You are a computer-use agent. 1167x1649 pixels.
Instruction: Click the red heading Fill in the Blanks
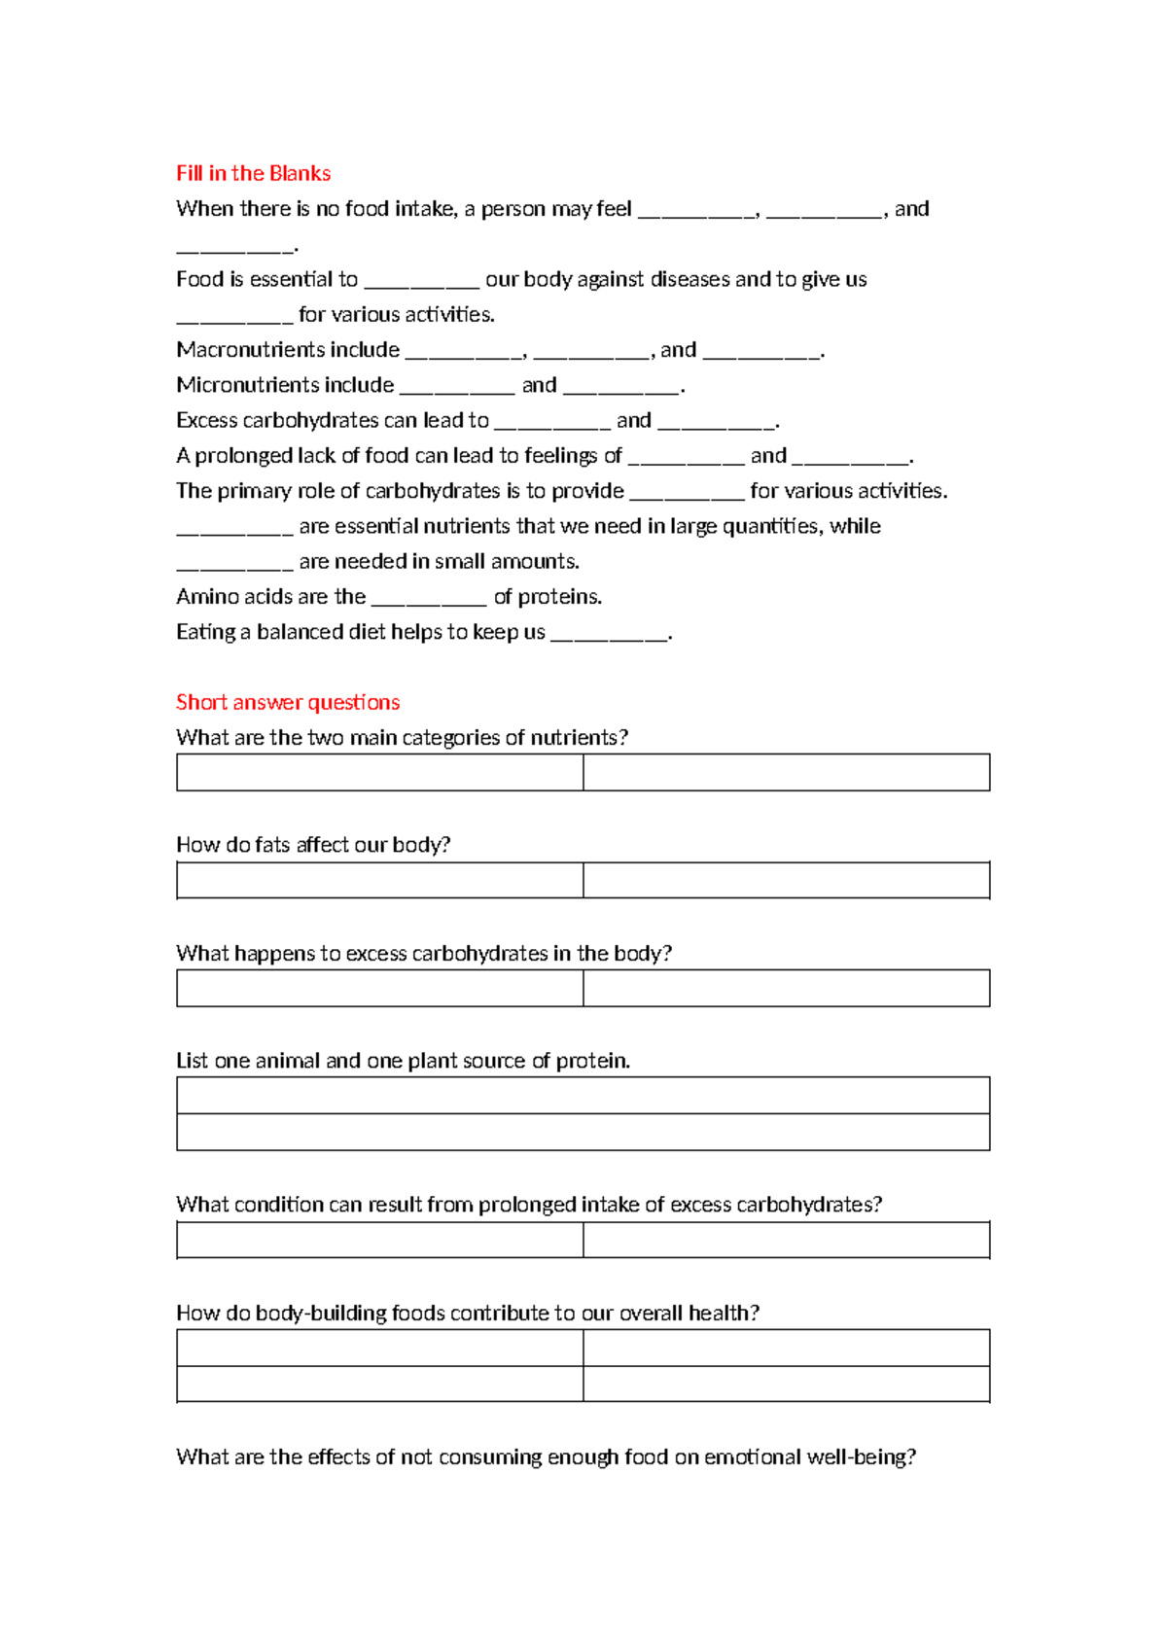click(x=253, y=173)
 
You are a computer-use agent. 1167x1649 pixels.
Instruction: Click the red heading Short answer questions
click(x=288, y=702)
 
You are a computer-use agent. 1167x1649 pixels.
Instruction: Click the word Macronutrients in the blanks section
click(x=288, y=350)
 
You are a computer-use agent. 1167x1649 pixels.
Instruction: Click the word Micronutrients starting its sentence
click(x=285, y=385)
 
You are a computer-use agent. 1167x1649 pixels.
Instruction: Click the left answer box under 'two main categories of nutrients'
click(x=379, y=772)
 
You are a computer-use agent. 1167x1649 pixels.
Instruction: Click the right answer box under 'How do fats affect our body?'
click(x=786, y=880)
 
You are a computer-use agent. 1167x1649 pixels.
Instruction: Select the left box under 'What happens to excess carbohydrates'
click(x=379, y=988)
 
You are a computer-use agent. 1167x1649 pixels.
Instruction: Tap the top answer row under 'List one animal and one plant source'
click(x=583, y=1095)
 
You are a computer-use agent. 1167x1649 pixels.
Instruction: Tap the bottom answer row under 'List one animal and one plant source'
click(x=583, y=1132)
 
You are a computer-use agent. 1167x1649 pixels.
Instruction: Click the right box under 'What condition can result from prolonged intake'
click(x=786, y=1240)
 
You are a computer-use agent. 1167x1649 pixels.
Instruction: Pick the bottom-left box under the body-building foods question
click(x=379, y=1384)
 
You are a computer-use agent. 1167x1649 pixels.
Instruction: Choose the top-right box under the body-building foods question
click(x=786, y=1348)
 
